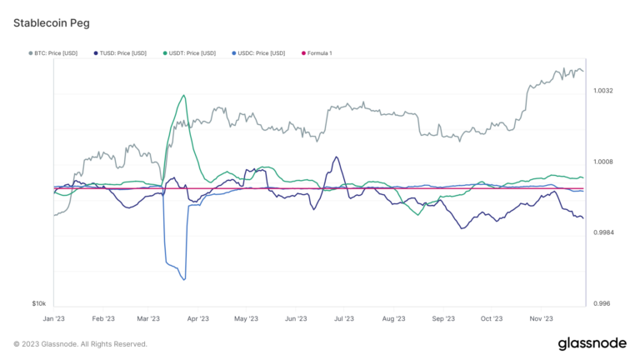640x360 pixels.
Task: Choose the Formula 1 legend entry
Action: point(317,53)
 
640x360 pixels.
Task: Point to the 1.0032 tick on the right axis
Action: point(603,90)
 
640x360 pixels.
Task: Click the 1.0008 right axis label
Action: point(603,162)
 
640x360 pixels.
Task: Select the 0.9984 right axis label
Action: point(603,232)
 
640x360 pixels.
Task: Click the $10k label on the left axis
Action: point(39,303)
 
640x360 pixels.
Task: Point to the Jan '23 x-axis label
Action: point(54,318)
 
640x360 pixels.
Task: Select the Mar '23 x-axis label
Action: point(148,318)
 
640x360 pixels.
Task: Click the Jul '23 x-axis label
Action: point(342,318)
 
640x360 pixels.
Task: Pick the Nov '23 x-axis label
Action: point(542,318)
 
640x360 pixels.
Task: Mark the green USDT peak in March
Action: point(182,95)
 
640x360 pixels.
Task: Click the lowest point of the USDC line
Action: point(182,280)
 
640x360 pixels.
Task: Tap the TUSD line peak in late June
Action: point(336,157)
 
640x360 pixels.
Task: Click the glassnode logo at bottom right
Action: point(592,344)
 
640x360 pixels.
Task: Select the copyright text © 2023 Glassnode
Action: point(80,344)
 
